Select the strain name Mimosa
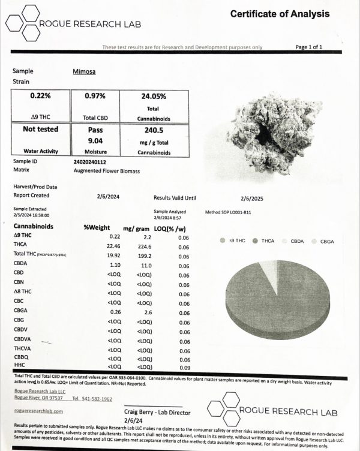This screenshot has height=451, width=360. pyautogui.click(x=85, y=71)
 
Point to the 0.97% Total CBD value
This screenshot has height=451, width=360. pyautogui.click(x=95, y=96)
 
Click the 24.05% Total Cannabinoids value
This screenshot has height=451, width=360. pyautogui.click(x=154, y=96)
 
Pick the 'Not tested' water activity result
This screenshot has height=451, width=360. pyautogui.click(x=40, y=129)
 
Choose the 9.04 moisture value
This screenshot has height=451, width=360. pyautogui.click(x=95, y=140)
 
